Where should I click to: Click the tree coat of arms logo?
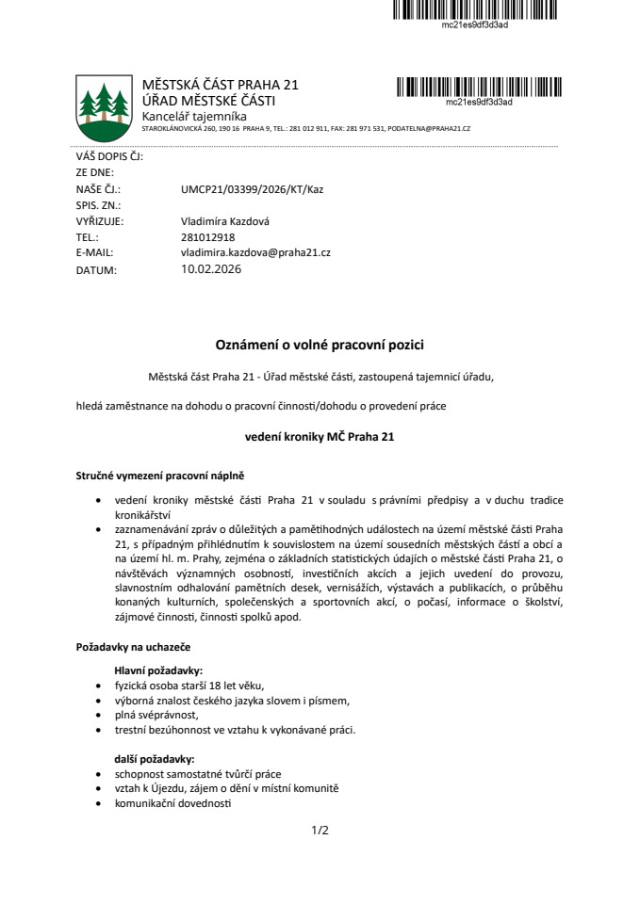coord(103,106)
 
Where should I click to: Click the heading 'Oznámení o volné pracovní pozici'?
coord(320,346)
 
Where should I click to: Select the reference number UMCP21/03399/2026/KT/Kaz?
coord(252,189)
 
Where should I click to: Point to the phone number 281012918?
coord(207,237)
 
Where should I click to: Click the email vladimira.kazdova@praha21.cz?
coord(255,253)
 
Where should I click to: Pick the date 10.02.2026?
coord(211,269)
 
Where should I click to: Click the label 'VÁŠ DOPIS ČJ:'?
coord(108,157)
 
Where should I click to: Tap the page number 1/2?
coord(320,831)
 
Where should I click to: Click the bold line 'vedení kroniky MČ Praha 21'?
coord(320,436)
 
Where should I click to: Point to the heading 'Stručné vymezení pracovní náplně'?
coord(159,476)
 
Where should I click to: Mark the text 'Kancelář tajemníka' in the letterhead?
coord(193,115)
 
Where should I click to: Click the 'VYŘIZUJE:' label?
coord(99,221)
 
